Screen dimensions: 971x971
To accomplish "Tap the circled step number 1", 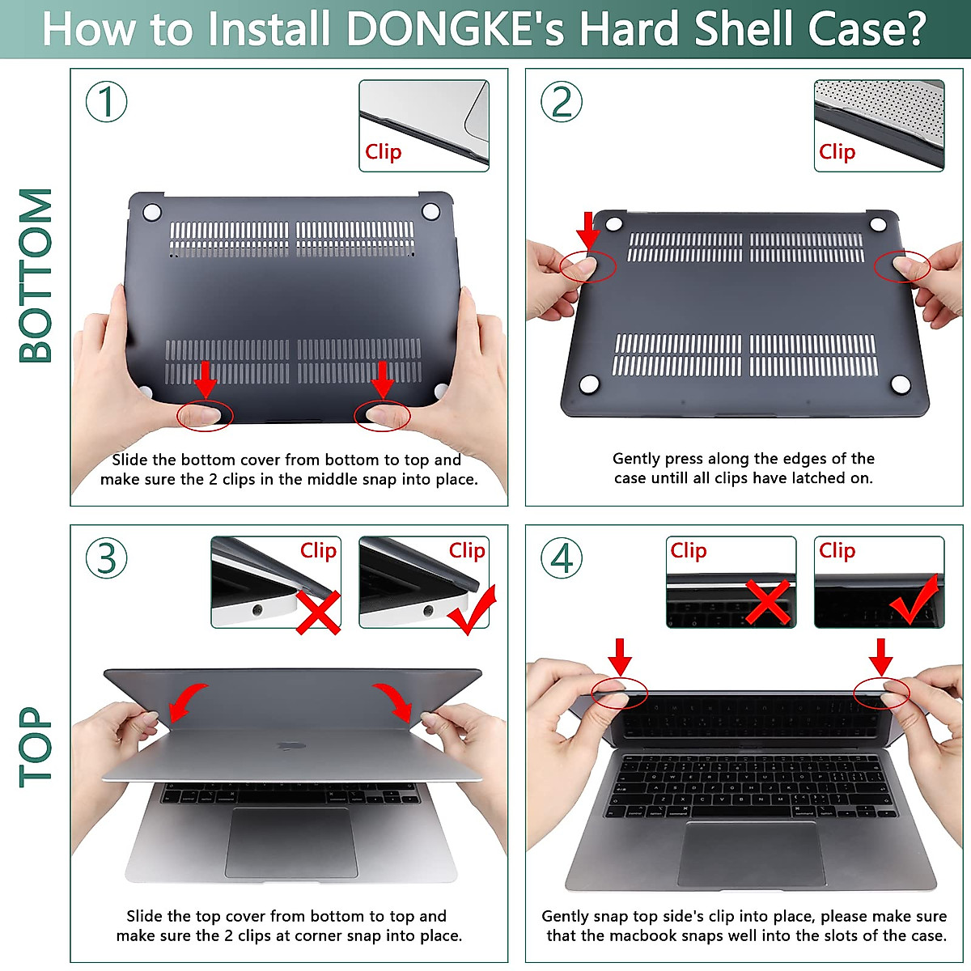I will point(107,102).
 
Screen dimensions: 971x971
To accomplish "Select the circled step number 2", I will point(562,102).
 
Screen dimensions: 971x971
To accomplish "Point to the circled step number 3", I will point(107,558).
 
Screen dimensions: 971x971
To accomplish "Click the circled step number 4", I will point(562,558).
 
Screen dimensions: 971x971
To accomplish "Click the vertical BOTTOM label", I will point(36,275).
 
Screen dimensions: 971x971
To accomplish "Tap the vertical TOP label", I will point(36,746).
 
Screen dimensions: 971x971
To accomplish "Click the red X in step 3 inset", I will point(318,612).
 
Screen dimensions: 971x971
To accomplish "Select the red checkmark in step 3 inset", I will point(472,610).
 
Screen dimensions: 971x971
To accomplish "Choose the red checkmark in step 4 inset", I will point(915,600).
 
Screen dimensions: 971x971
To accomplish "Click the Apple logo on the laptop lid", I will point(286,746).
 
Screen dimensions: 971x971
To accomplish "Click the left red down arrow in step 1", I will point(206,379).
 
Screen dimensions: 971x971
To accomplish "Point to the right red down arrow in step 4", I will point(881,656).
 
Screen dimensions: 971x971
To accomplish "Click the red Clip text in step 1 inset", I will point(383,151).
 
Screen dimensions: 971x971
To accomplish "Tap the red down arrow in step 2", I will point(588,230).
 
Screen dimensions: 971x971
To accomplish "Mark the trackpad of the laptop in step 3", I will point(291,842).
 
